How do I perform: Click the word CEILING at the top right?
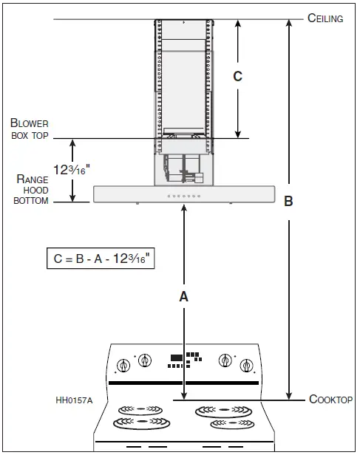[325, 18]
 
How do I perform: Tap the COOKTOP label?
[330, 400]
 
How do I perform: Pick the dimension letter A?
[184, 296]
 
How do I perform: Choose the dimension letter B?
[289, 202]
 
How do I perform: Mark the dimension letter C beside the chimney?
[237, 76]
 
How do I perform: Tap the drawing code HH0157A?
[74, 401]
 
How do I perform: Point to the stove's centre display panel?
[184, 359]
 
